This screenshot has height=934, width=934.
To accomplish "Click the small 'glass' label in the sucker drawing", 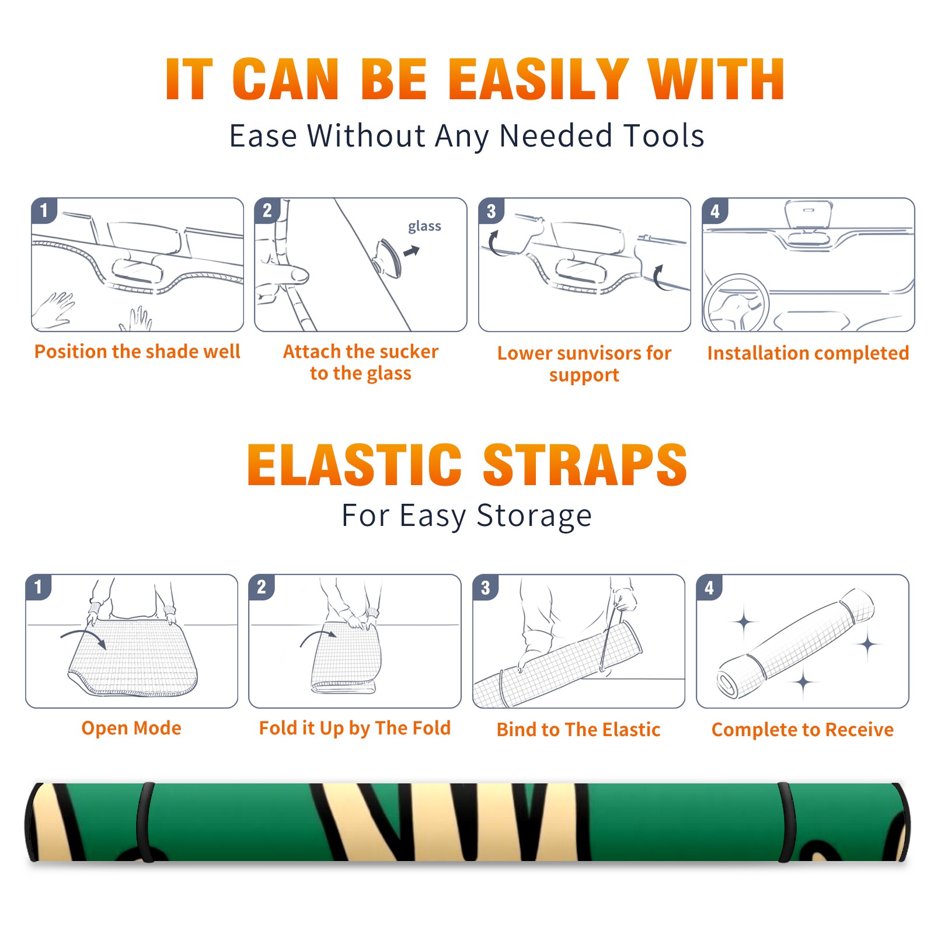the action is point(424,226).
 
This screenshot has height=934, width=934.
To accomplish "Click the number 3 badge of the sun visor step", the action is point(491,211).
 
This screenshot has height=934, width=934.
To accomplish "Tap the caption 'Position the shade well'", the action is point(137,351).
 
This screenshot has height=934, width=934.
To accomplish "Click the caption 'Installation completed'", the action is point(808,353).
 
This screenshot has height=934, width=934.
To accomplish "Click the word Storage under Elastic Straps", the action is point(534,516).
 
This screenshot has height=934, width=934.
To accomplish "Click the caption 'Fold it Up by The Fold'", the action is point(355,728).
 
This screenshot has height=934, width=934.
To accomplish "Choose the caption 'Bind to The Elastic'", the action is point(578,730).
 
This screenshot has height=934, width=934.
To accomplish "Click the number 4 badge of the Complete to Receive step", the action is point(709,587).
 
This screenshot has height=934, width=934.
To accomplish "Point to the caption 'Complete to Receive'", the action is point(803,730).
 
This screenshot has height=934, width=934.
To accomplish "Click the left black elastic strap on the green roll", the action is point(145,822).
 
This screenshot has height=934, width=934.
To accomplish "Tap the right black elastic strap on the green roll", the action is point(786,822).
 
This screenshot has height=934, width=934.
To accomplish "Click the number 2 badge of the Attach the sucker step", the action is point(267,211).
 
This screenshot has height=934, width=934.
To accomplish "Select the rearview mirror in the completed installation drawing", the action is point(808,215).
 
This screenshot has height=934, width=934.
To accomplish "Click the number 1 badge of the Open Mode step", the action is point(39,587).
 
